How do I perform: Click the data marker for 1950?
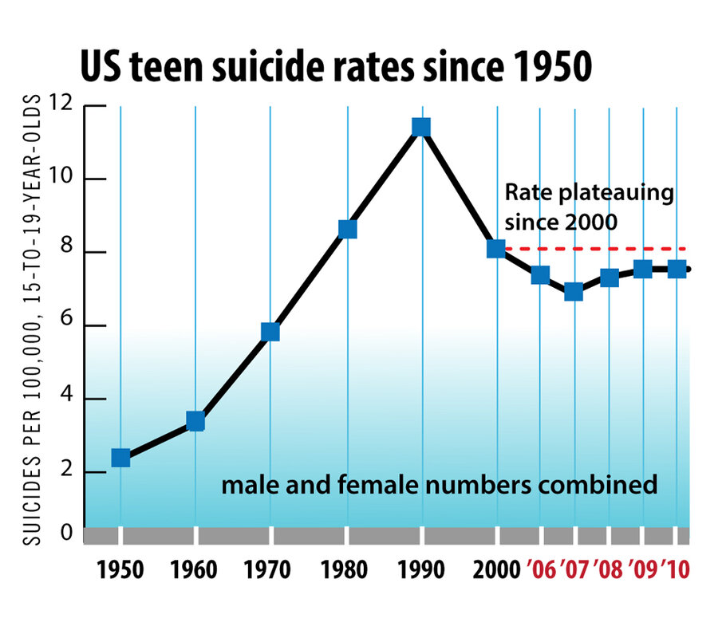(120, 457)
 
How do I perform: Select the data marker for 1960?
(195, 421)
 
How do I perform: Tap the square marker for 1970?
(270, 332)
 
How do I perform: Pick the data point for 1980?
(347, 229)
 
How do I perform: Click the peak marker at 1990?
(421, 127)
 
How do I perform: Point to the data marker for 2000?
(496, 249)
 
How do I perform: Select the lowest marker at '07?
(574, 292)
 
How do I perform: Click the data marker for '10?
(677, 270)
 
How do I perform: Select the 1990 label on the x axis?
(421, 571)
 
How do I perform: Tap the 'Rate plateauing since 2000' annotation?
(589, 207)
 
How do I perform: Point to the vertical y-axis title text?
(34, 319)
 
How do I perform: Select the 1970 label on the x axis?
(270, 571)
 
